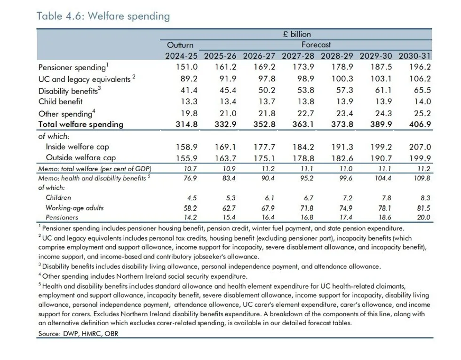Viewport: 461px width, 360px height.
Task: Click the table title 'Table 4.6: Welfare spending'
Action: (x=103, y=16)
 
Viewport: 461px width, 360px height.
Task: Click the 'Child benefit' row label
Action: (x=60, y=102)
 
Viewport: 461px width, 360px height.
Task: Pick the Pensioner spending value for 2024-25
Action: (x=187, y=67)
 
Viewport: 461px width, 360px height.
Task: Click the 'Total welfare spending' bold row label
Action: (x=80, y=125)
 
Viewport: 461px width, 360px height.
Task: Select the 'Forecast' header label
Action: (x=316, y=45)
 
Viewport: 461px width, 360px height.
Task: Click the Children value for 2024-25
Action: (x=191, y=198)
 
